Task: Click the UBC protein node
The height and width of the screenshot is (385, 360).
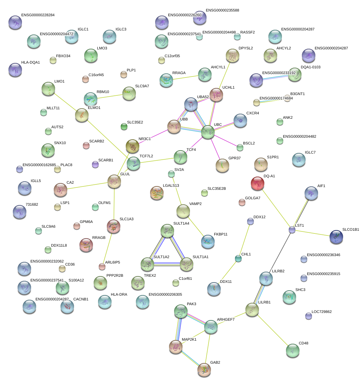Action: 208,132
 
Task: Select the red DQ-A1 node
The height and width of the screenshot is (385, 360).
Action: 258,183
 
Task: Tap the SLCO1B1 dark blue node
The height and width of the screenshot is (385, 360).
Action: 336,237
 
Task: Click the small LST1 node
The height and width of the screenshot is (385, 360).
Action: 292,230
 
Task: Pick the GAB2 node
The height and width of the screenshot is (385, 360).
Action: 204,370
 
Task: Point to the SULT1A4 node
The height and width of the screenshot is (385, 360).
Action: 167,231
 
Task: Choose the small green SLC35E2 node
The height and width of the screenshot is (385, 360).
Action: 124,127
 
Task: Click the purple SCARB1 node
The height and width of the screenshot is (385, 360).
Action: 95,164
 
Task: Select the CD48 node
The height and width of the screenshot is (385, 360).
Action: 293,350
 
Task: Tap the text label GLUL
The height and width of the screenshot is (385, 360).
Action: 125,174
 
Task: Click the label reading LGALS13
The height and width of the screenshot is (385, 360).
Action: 171,185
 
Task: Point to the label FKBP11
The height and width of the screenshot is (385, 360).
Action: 221,234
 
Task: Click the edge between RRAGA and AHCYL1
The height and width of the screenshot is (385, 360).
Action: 185,77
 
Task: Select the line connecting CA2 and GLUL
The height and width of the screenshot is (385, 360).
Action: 87,186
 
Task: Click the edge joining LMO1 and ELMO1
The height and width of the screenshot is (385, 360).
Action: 65,102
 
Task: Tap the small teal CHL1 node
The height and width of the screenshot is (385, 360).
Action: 238,258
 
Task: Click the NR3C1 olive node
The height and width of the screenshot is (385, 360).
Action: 133,146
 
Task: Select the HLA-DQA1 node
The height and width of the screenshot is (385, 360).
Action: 15,70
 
